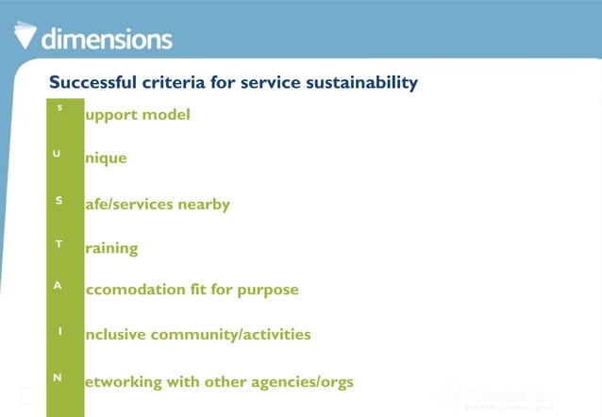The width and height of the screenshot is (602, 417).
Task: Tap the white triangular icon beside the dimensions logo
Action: (x=26, y=35)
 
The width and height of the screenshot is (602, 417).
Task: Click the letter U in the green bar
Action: (x=59, y=154)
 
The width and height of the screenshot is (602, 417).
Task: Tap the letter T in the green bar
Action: (x=59, y=244)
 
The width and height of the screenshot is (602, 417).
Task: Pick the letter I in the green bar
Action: (x=59, y=331)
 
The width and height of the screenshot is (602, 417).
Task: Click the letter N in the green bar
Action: (x=59, y=377)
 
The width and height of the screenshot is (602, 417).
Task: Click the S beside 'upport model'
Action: (x=59, y=108)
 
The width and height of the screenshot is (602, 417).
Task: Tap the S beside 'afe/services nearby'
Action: (x=59, y=200)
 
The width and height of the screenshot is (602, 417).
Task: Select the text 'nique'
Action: (x=106, y=158)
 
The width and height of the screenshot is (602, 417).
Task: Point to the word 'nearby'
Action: (x=205, y=205)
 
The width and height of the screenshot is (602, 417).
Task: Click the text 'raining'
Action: (x=111, y=249)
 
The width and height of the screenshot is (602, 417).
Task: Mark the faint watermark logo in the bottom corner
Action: (x=496, y=397)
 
